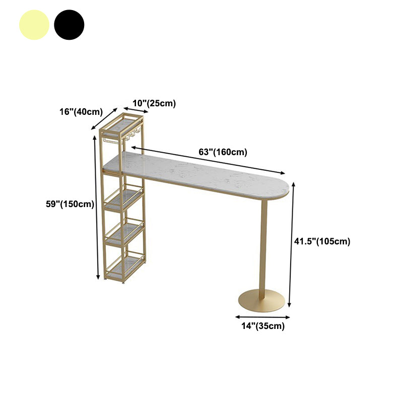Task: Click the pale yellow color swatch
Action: point(34,25)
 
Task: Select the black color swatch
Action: point(69,25)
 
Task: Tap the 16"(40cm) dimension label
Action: point(81,112)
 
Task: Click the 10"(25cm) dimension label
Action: point(154,103)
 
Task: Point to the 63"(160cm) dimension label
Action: point(223,152)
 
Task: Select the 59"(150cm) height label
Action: point(70,204)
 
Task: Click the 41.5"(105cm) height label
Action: point(322,241)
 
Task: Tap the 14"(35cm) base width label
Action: point(263,326)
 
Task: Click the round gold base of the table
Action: point(261,301)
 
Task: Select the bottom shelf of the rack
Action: point(125,267)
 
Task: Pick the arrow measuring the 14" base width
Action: point(262,317)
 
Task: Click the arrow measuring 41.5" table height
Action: point(292,244)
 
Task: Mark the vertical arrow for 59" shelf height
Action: point(96,207)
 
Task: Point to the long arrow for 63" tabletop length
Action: point(208,160)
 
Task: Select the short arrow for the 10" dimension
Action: point(136,110)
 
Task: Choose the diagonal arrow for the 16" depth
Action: point(104,118)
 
